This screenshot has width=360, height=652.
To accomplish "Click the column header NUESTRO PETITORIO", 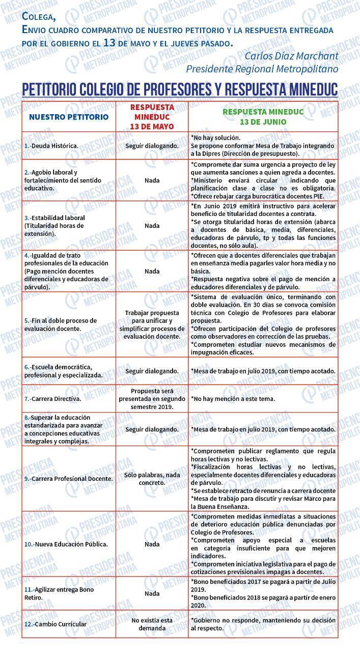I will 69,117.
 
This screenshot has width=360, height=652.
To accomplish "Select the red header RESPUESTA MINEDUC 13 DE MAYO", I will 152,117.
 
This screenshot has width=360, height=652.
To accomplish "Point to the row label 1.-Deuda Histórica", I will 51,146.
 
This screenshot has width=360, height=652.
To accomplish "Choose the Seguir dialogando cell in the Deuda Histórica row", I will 152,146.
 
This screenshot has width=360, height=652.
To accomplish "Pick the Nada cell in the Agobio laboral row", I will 152,180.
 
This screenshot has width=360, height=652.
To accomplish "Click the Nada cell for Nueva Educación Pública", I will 152,544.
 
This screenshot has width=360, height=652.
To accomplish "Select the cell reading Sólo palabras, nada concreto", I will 152,478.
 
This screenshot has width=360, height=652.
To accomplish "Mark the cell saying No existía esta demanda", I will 152,624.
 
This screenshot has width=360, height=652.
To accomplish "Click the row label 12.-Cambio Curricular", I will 56,624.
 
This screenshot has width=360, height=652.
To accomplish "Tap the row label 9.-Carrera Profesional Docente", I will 68,479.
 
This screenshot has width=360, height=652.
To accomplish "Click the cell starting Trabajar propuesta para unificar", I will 152,324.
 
